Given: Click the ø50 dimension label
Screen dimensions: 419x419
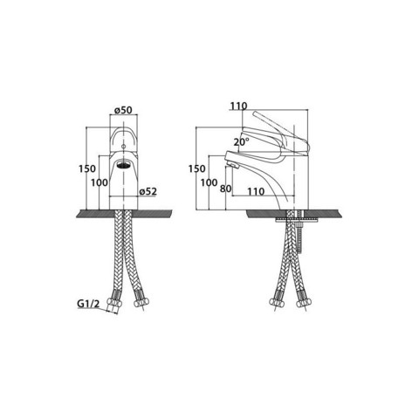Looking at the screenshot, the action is pos(123,110).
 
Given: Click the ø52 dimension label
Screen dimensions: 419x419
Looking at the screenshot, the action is pos(148,191).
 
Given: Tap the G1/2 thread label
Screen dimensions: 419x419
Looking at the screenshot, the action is pos(88,304).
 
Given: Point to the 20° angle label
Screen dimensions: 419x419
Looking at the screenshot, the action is pos(242,141).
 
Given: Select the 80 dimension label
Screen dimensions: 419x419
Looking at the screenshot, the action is pos(225,189).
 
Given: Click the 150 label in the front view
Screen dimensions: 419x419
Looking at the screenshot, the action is pos(87,168).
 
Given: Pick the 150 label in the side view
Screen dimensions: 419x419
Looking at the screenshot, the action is pos(196,168).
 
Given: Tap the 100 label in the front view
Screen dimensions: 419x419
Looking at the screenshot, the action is pos(100,182).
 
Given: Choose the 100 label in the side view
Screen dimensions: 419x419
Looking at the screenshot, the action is pos(209,182).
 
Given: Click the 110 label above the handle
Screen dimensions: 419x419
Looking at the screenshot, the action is pos(238,106).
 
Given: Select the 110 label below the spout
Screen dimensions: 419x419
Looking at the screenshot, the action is pos(256,191).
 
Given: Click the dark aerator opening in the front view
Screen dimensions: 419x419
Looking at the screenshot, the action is pos(123,165).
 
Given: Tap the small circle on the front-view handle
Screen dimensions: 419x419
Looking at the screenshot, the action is pos(123,147).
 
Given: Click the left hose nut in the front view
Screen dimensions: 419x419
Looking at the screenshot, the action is pos(113,302).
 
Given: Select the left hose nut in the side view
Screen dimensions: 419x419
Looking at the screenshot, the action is pos(277,302).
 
